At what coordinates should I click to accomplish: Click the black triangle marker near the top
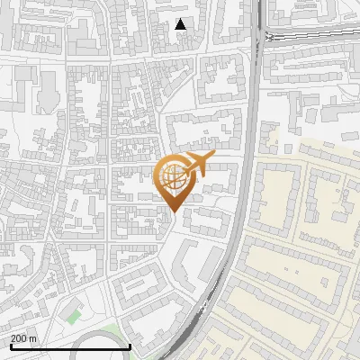(x=181, y=24)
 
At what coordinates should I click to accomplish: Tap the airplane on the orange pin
(x=194, y=164)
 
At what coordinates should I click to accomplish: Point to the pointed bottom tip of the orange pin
(x=171, y=211)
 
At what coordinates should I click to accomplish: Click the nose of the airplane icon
(x=211, y=157)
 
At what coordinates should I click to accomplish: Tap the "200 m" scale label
(x=24, y=338)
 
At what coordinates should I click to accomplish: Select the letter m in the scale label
(x=33, y=338)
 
